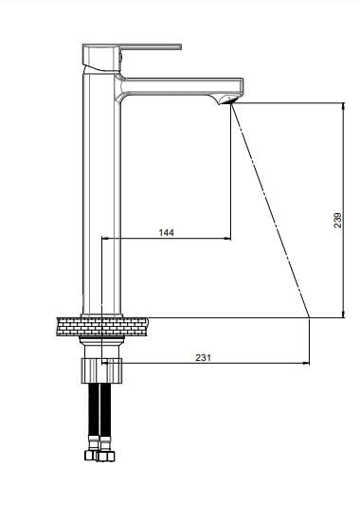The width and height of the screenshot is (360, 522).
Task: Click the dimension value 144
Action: point(166,232)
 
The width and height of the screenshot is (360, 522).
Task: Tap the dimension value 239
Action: point(337,220)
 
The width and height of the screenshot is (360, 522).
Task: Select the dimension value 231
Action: point(203,357)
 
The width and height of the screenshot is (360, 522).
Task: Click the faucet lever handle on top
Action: point(132,57)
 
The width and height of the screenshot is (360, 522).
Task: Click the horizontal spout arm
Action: point(180,87)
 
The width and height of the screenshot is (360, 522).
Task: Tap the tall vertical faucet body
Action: point(101,193)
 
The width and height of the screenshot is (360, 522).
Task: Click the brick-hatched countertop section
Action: point(102,327)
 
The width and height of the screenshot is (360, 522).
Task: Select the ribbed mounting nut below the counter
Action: point(102,370)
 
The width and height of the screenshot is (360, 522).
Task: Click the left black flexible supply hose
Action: point(94,409)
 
